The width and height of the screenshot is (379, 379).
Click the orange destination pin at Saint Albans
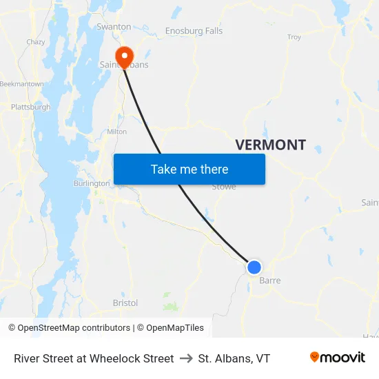(x=125, y=56)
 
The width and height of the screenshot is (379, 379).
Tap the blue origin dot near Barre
(x=254, y=267)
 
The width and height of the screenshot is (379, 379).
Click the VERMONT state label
(x=270, y=145)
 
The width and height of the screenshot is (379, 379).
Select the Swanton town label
(x=114, y=27)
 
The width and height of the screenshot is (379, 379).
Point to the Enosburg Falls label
(x=194, y=31)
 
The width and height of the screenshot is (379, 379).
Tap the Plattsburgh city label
(x=30, y=107)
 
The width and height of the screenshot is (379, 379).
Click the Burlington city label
(x=92, y=183)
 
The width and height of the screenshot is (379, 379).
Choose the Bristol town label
(x=125, y=303)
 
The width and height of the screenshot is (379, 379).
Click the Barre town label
(x=269, y=280)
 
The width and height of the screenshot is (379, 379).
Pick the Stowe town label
(x=223, y=187)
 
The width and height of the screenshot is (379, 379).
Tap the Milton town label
(x=116, y=132)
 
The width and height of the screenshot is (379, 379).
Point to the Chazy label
(x=36, y=42)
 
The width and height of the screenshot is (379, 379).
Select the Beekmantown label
(x=21, y=84)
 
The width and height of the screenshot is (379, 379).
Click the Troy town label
(x=294, y=37)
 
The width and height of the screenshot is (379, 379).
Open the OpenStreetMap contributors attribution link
(x=74, y=328)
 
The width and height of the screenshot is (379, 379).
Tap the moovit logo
(x=337, y=358)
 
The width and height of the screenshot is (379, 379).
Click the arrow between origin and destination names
(x=185, y=358)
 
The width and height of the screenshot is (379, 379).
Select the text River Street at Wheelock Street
(x=94, y=358)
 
